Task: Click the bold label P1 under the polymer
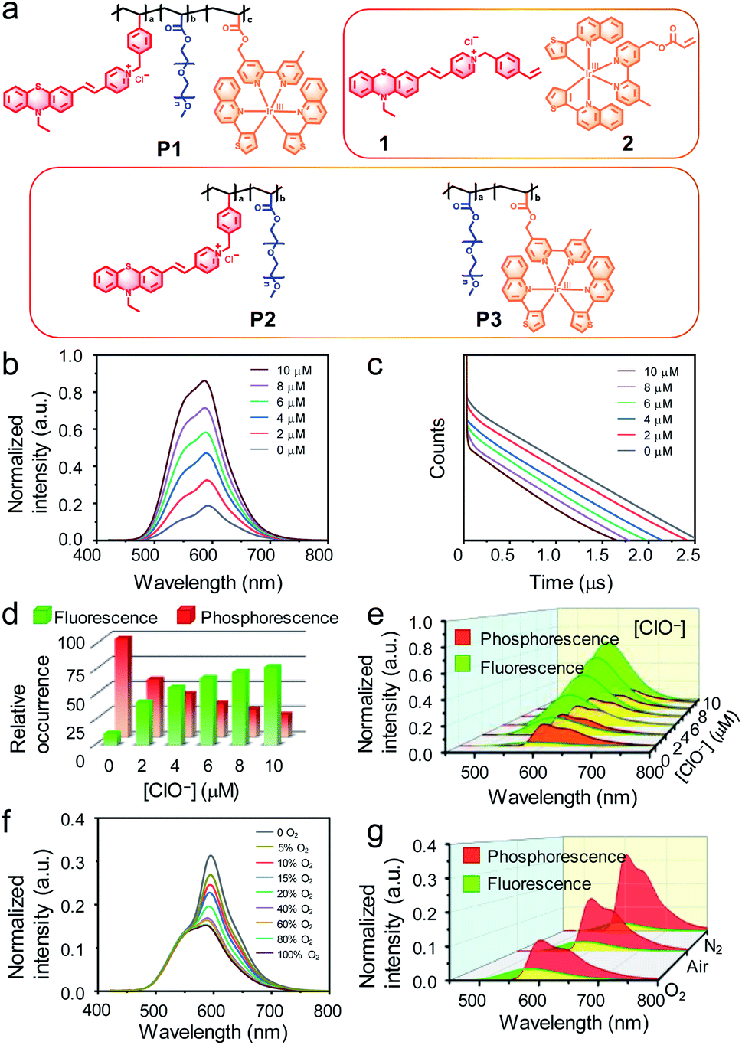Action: [169, 148]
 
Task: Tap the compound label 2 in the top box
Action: [627, 143]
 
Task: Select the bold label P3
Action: [489, 318]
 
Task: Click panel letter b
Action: [11, 364]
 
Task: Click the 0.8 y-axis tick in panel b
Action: [71, 393]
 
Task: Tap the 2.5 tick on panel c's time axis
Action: [688, 555]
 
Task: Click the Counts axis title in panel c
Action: [437, 448]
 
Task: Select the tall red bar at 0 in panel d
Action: [123, 687]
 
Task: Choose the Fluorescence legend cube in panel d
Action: [43, 616]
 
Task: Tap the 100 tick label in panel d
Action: [71, 643]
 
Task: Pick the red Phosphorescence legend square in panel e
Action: [463, 638]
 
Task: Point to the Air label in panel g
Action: [697, 966]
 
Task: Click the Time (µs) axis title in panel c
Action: [570, 583]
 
